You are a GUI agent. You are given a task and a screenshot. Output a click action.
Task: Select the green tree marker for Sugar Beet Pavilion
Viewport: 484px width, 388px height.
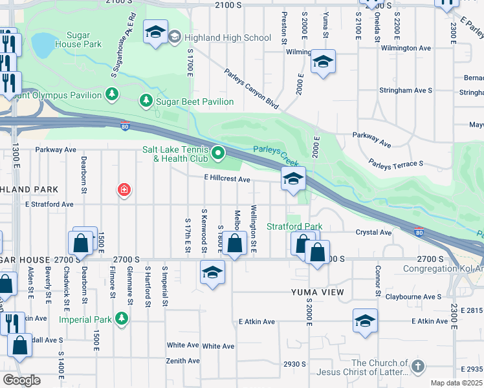pyautogui.click(x=147, y=102)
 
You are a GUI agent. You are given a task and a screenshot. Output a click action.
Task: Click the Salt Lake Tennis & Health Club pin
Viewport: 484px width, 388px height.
pyautogui.click(x=219, y=154)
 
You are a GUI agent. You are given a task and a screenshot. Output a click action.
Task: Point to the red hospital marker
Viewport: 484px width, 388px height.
pyautogui.click(x=123, y=190)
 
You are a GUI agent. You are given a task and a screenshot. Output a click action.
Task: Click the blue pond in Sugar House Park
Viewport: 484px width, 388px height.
pyautogui.click(x=43, y=45)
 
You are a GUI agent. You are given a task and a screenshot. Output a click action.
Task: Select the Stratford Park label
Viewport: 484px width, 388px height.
pyautogui.click(x=294, y=227)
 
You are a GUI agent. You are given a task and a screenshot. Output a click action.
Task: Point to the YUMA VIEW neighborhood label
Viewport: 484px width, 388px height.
pyautogui.click(x=318, y=292)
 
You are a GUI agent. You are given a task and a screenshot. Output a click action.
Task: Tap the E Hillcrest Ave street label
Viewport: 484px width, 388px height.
pyautogui.click(x=226, y=179)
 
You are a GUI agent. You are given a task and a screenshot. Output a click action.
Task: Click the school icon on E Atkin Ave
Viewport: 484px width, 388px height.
pyautogui.click(x=365, y=320)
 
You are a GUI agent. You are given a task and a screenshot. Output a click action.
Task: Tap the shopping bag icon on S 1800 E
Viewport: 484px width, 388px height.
pyautogui.click(x=236, y=243)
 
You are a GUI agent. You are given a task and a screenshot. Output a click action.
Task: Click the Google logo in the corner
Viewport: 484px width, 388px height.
pyautogui.click(x=21, y=380)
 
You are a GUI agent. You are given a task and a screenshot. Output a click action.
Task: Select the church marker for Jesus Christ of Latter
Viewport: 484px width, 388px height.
pyautogui.click(x=418, y=367)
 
